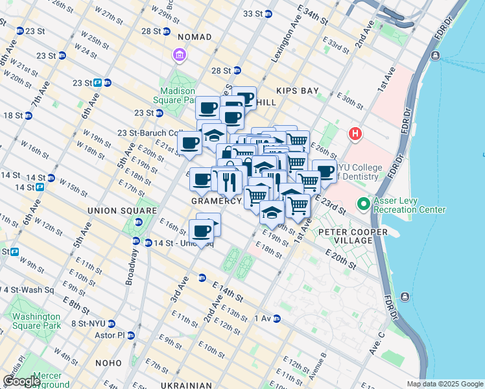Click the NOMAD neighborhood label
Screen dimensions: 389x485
pyautogui.click(x=194, y=37)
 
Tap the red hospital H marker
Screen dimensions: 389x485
pyautogui.click(x=355, y=134)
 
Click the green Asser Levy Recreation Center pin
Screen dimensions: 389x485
pyautogui.click(x=363, y=204)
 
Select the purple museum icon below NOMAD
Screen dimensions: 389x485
pyautogui.click(x=179, y=56)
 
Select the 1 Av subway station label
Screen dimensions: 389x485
pyautogui.click(x=263, y=318)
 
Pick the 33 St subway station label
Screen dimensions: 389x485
pyautogui.click(x=252, y=14)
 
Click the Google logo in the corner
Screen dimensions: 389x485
pyautogui.click(x=21, y=381)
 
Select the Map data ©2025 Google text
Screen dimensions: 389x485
pyautogui.click(x=444, y=384)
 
